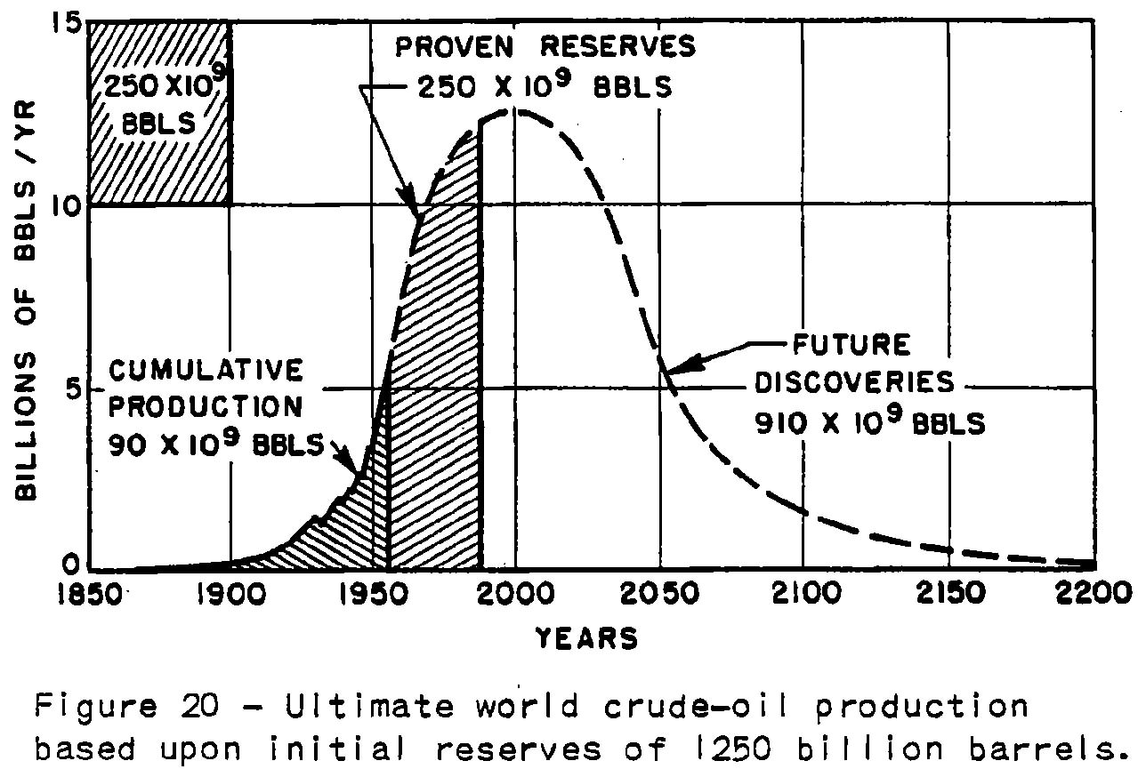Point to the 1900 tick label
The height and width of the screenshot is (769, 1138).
point(230,594)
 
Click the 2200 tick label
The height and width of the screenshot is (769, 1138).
point(1094,594)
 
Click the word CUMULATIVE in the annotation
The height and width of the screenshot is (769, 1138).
point(207,369)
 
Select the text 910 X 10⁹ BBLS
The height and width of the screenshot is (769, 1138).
point(870,422)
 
